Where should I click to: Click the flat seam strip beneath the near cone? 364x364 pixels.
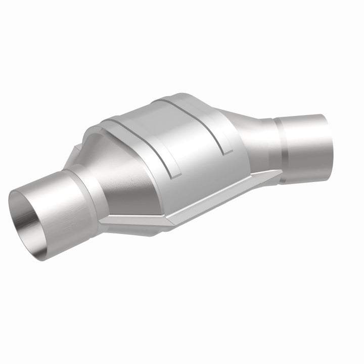(131, 222)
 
